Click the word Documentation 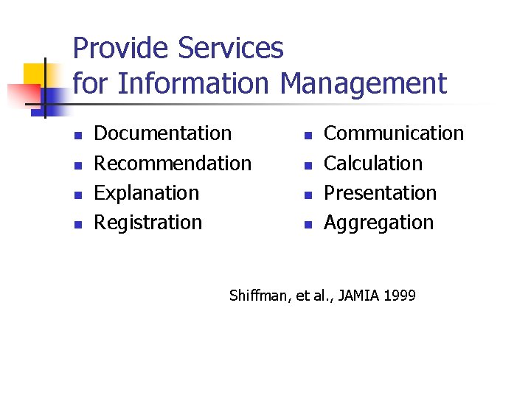click(163, 133)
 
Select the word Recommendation click(173, 163)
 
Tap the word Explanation click(147, 193)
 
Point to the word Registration click(148, 223)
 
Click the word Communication click(394, 133)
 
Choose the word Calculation click(373, 163)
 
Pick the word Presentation click(381, 193)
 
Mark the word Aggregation click(379, 223)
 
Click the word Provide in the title click(122, 49)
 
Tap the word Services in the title click(231, 49)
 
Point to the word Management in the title click(363, 83)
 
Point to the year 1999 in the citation click(399, 296)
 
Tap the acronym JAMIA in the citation click(358, 296)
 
